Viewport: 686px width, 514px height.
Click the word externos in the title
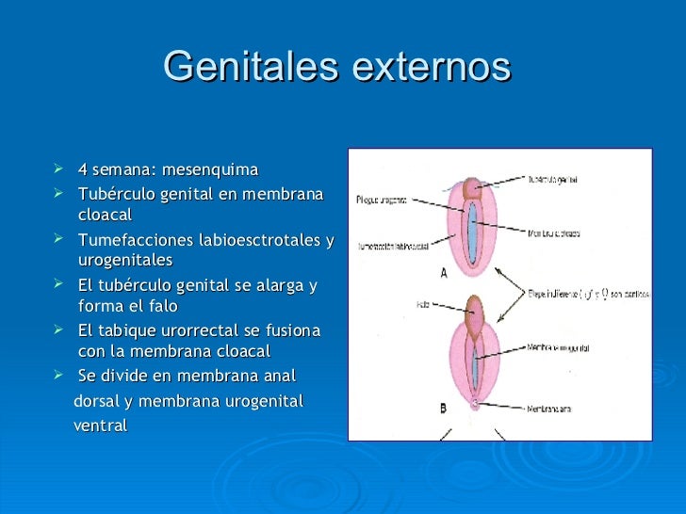click(430, 67)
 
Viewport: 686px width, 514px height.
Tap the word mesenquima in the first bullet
click(209, 170)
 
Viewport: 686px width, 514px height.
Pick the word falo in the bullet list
click(162, 306)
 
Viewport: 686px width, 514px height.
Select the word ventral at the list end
click(100, 426)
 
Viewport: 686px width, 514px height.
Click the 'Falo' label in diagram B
click(421, 304)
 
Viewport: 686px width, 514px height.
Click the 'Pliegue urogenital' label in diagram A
click(382, 200)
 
